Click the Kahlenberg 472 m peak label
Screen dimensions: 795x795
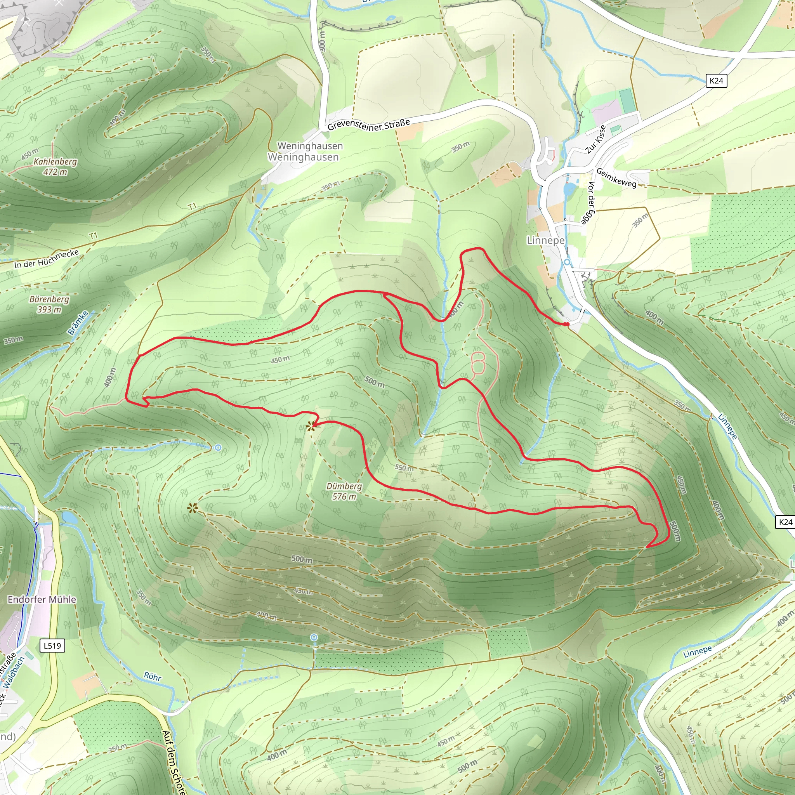coord(55,167)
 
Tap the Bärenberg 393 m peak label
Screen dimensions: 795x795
coord(49,304)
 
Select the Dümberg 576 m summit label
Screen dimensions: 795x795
coord(344,491)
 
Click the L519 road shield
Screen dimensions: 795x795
coord(52,646)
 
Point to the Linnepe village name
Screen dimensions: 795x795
coord(546,240)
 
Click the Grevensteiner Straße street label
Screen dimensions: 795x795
coord(369,125)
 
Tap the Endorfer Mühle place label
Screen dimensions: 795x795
coord(42,599)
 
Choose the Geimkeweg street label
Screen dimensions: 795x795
coord(616,178)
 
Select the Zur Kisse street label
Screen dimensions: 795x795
coord(596,139)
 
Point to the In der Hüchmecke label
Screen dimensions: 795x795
coord(46,259)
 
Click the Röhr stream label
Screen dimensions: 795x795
coord(152,677)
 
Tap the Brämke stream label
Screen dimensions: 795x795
coord(78,323)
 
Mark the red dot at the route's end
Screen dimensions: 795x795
coord(568,325)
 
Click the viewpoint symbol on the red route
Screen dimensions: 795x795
coord(311,426)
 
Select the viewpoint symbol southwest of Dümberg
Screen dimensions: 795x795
coord(192,508)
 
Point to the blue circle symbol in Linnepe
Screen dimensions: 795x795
coord(567,262)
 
